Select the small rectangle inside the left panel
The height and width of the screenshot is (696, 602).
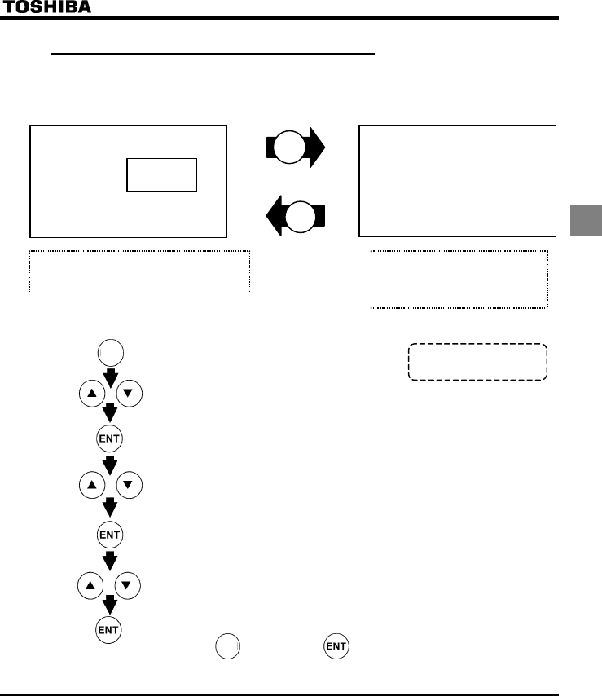coord(161,174)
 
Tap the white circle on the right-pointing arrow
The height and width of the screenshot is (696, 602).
coord(291,148)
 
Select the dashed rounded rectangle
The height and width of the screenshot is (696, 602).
coord(477,362)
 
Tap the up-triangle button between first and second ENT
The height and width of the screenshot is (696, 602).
coord(90,485)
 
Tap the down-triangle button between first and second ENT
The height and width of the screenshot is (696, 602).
coord(130,485)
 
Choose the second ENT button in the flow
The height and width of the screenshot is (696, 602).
coord(110,535)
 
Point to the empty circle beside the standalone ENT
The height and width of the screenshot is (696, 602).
coord(228,647)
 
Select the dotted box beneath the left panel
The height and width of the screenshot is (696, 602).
coord(139,271)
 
